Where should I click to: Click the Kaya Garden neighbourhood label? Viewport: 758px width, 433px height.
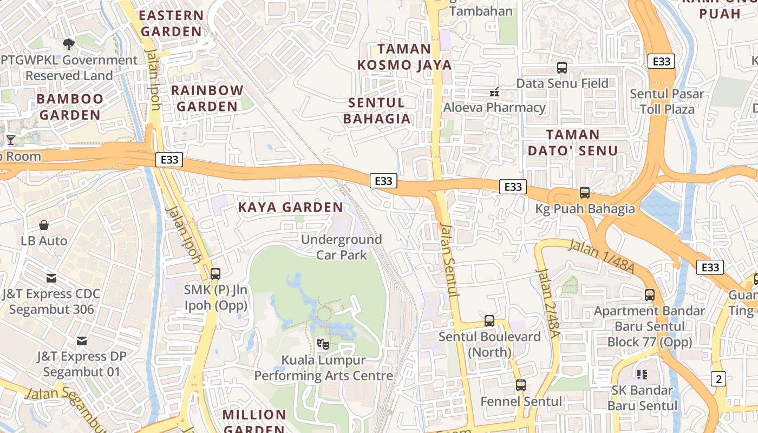pos(291,207)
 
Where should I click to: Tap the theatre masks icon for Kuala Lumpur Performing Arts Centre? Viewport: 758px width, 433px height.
pos(323,344)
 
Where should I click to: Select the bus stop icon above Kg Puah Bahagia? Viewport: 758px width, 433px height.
pos(585,193)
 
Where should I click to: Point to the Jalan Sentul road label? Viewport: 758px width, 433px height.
pos(450,260)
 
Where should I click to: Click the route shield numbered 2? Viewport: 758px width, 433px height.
pos(718,379)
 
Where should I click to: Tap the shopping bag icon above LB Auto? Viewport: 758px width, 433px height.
pos(44,225)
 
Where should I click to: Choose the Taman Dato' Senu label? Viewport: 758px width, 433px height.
pos(573,142)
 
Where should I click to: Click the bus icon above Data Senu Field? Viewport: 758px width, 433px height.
pos(562,68)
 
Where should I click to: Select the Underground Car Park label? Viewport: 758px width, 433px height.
pos(341,247)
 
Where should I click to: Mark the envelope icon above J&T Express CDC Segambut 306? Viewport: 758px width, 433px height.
pos(51,278)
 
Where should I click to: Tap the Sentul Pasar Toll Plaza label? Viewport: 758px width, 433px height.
pos(667,101)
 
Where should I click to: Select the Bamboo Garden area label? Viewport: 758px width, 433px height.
pos(70,107)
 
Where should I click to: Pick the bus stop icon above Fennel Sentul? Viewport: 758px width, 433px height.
pos(521,385)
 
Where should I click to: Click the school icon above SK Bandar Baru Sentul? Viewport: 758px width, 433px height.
pos(642,374)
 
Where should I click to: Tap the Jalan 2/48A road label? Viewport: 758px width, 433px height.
pos(547,303)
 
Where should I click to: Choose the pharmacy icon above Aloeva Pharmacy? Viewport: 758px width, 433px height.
pos(494,92)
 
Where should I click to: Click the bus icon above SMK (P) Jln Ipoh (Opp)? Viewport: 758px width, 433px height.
pos(215,274)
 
